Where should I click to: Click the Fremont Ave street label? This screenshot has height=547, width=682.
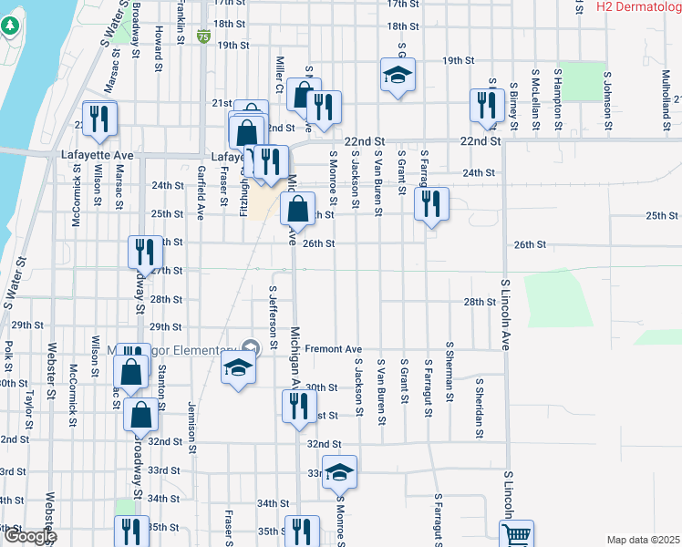click(x=334, y=349)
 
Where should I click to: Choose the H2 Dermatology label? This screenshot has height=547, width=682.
click(x=638, y=6)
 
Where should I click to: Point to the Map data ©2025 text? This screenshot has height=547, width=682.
click(x=643, y=540)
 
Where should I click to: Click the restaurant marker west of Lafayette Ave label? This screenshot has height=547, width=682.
click(x=100, y=118)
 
